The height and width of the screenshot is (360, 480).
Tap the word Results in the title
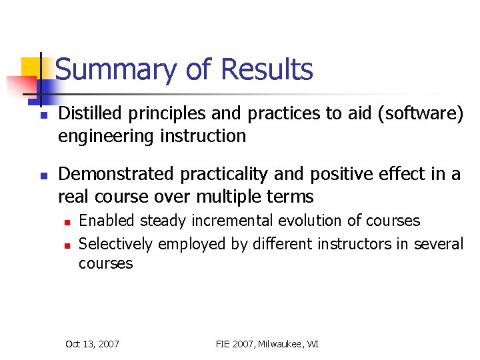(x=267, y=69)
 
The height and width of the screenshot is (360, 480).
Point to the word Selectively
(x=109, y=244)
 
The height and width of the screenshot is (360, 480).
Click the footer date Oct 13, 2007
(x=92, y=344)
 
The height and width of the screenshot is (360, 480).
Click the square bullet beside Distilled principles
(x=42, y=115)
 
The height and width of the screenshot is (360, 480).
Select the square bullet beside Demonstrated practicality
(x=42, y=176)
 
